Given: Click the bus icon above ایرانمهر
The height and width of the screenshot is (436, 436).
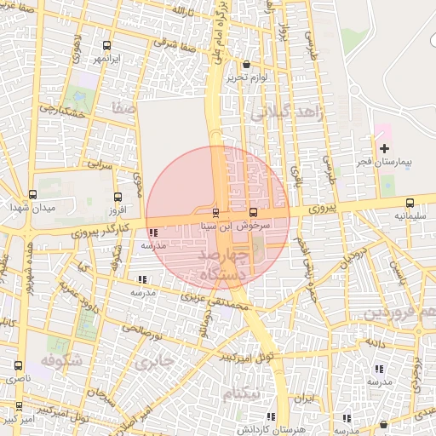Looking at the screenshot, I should (106, 46).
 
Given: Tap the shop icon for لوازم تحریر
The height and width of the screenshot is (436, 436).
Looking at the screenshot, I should (246, 64).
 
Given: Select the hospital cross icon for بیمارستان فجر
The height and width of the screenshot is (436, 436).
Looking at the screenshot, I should (384, 147).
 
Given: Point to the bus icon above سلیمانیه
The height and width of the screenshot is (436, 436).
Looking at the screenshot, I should (410, 203).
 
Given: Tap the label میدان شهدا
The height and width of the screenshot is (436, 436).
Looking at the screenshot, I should (32, 208).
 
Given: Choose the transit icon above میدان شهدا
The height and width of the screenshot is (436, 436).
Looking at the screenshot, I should (32, 194).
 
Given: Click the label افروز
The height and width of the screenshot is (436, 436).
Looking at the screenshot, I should (118, 208).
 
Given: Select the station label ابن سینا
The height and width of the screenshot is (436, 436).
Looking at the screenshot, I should (213, 227).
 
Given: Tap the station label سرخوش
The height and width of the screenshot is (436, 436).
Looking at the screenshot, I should (254, 227).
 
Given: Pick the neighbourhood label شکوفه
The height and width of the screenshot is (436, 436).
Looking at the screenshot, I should (59, 360).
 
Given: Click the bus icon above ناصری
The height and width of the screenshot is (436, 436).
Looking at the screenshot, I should (18, 364).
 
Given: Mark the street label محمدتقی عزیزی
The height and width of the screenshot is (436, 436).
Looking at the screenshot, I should (214, 299).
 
